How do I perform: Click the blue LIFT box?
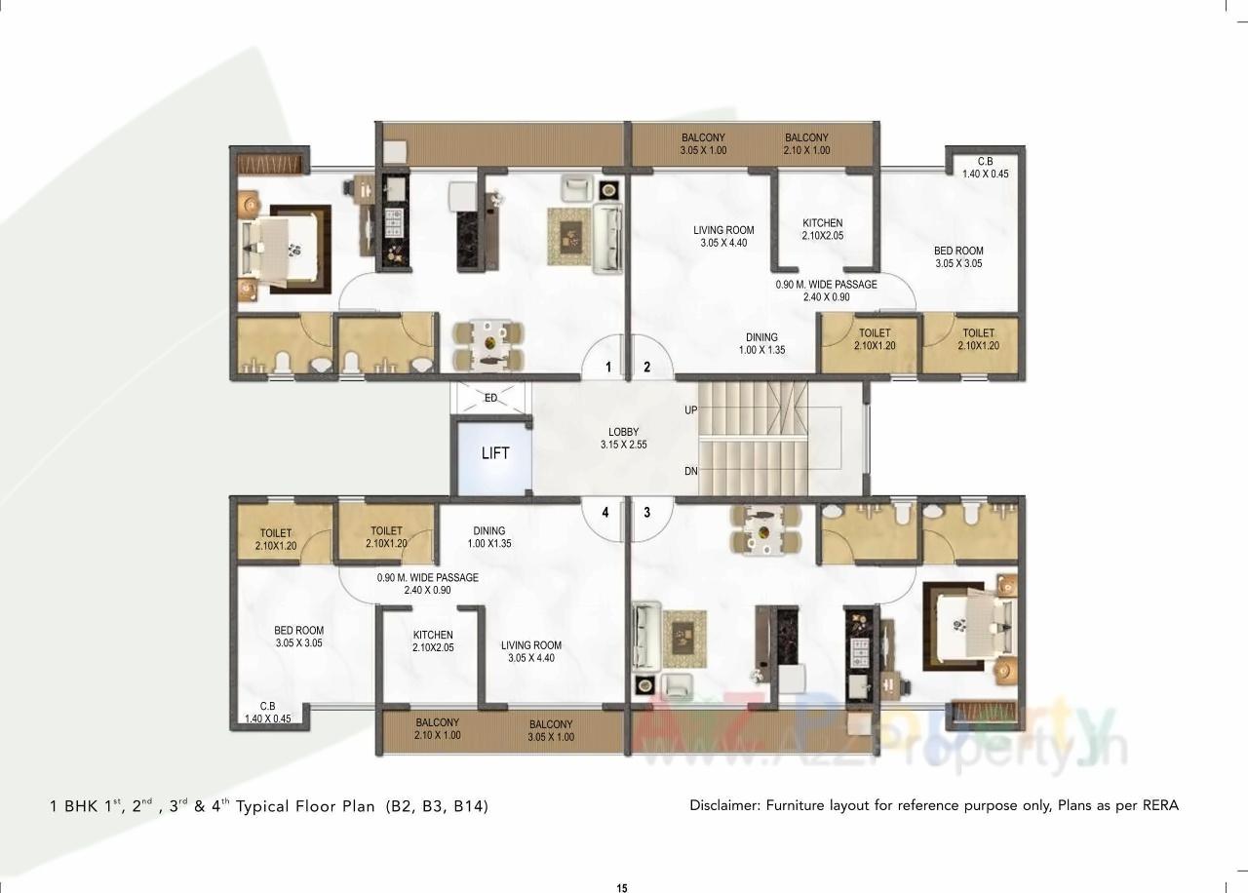click(x=494, y=456)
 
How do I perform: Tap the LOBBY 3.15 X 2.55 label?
click(x=624, y=438)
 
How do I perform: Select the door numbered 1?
click(x=608, y=368)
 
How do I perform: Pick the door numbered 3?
click(x=645, y=511)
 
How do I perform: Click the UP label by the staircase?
click(x=690, y=410)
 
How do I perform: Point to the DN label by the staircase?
click(x=690, y=472)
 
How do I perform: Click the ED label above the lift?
click(x=490, y=398)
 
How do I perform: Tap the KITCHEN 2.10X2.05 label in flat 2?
click(x=822, y=229)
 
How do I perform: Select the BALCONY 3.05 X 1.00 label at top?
click(x=703, y=144)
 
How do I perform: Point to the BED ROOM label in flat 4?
click(x=298, y=637)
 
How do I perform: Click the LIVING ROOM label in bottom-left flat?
click(x=531, y=651)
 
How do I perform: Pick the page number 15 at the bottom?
click(x=622, y=887)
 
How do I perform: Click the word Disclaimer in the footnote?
click(x=723, y=805)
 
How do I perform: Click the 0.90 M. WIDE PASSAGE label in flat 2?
click(x=826, y=291)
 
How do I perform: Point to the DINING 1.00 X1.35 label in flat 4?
click(x=488, y=537)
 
